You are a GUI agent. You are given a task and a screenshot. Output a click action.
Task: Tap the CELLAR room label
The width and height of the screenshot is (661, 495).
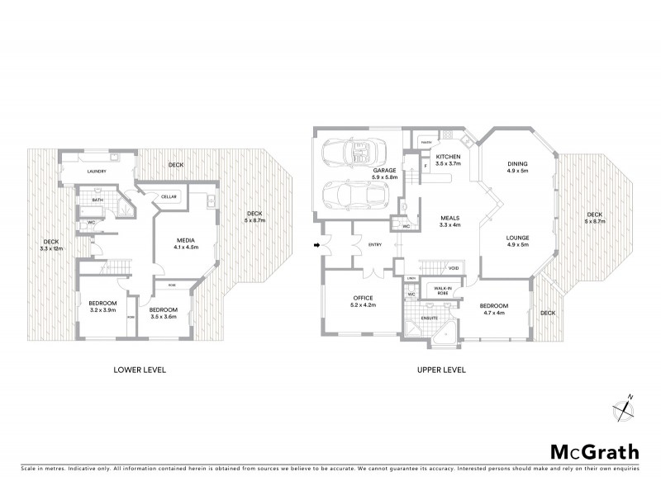(169, 196)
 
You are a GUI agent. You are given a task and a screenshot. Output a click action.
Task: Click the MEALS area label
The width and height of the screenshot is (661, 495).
(449, 221)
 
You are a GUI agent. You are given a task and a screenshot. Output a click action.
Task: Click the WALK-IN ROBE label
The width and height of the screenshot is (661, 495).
(440, 290)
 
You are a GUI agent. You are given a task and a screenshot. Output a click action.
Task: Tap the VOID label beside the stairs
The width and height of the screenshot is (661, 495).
(453, 268)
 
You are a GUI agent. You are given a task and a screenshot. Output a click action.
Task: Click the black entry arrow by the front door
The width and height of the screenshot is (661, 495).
(317, 245)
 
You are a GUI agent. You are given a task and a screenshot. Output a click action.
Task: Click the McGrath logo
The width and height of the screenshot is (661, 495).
(594, 451)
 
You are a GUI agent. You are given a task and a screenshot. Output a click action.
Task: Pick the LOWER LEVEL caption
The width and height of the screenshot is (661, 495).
(140, 370)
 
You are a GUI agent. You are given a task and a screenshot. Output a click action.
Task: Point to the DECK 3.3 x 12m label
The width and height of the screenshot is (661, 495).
(51, 245)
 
